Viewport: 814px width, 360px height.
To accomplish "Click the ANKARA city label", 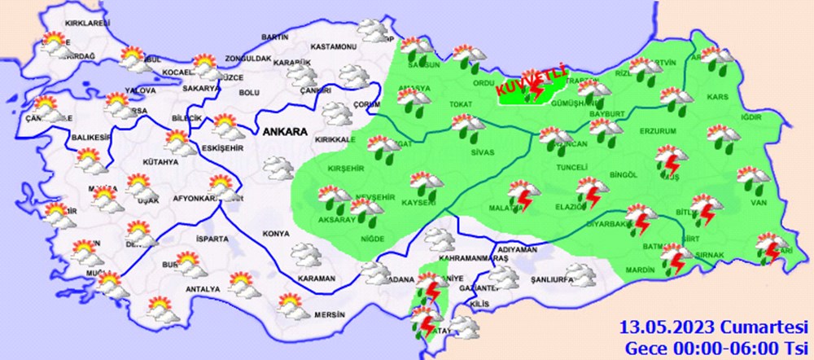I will tap(283, 131).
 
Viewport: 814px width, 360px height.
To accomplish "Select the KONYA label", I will tap(276, 234).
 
